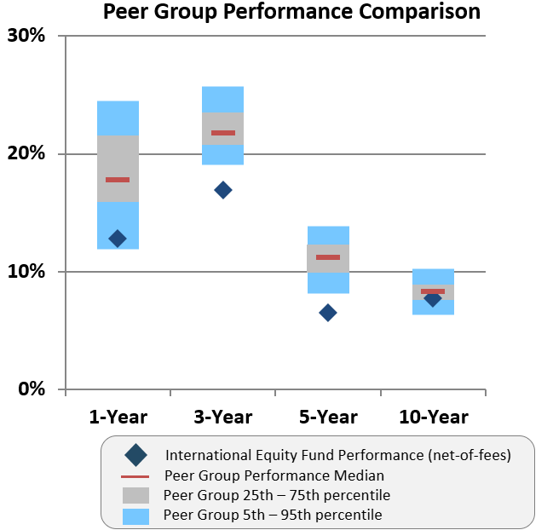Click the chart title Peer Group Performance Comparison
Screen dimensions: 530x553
[291, 12]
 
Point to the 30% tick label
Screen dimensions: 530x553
[27, 36]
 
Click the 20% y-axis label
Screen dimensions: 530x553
[27, 154]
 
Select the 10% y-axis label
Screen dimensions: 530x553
[27, 272]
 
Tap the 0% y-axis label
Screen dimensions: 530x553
[32, 390]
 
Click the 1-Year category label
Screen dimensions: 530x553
[118, 417]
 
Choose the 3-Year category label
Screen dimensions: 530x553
[222, 417]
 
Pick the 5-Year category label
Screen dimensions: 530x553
[328, 417]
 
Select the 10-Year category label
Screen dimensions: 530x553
[433, 417]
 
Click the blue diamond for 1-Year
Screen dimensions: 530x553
[118, 239]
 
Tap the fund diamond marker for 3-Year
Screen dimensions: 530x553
[222, 190]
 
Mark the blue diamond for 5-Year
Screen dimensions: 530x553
[328, 313]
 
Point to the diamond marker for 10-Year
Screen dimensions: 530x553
[433, 298]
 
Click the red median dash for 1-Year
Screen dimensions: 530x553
[118, 180]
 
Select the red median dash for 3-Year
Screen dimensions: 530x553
[222, 133]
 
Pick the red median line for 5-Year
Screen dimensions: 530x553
[328, 257]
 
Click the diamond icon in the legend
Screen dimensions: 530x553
[135, 455]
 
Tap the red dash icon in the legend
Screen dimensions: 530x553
[135, 475]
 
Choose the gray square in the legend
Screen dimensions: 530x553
[135, 495]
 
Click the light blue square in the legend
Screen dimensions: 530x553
[135, 516]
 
